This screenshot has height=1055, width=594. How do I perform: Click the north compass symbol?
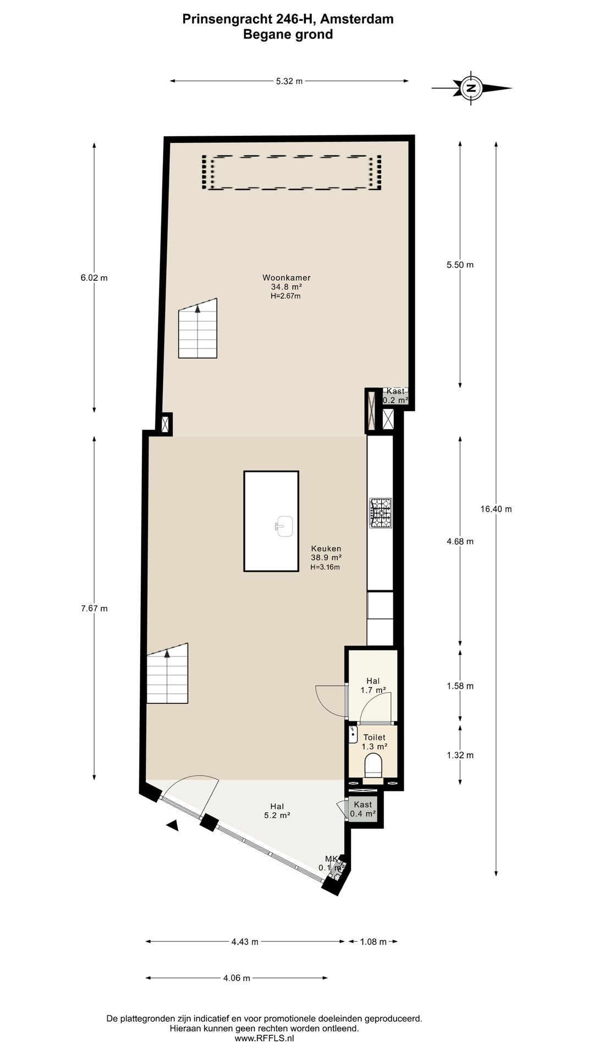point(471,87)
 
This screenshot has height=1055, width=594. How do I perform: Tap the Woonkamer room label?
point(286,278)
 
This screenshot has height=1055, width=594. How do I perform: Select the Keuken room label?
point(326,549)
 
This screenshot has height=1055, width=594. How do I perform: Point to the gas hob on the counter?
point(381,513)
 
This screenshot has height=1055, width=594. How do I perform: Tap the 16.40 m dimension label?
point(496,509)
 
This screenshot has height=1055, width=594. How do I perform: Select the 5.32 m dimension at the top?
point(289,81)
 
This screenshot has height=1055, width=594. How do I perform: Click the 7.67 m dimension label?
point(94,608)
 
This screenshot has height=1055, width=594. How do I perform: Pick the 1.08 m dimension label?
point(373,942)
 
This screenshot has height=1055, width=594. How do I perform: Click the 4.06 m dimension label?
point(237,978)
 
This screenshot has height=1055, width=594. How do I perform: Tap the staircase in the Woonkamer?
point(197,330)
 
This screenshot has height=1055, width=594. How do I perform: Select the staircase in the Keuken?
point(167,675)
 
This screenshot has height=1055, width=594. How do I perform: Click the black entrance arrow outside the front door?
point(173,825)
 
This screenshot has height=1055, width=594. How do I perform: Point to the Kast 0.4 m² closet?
point(363,809)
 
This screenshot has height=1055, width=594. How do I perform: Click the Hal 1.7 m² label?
point(373,685)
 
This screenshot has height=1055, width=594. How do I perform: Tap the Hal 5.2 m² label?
point(277,811)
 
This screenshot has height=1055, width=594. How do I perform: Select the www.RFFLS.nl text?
point(265,1034)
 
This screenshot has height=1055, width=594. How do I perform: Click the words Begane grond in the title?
point(288,35)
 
